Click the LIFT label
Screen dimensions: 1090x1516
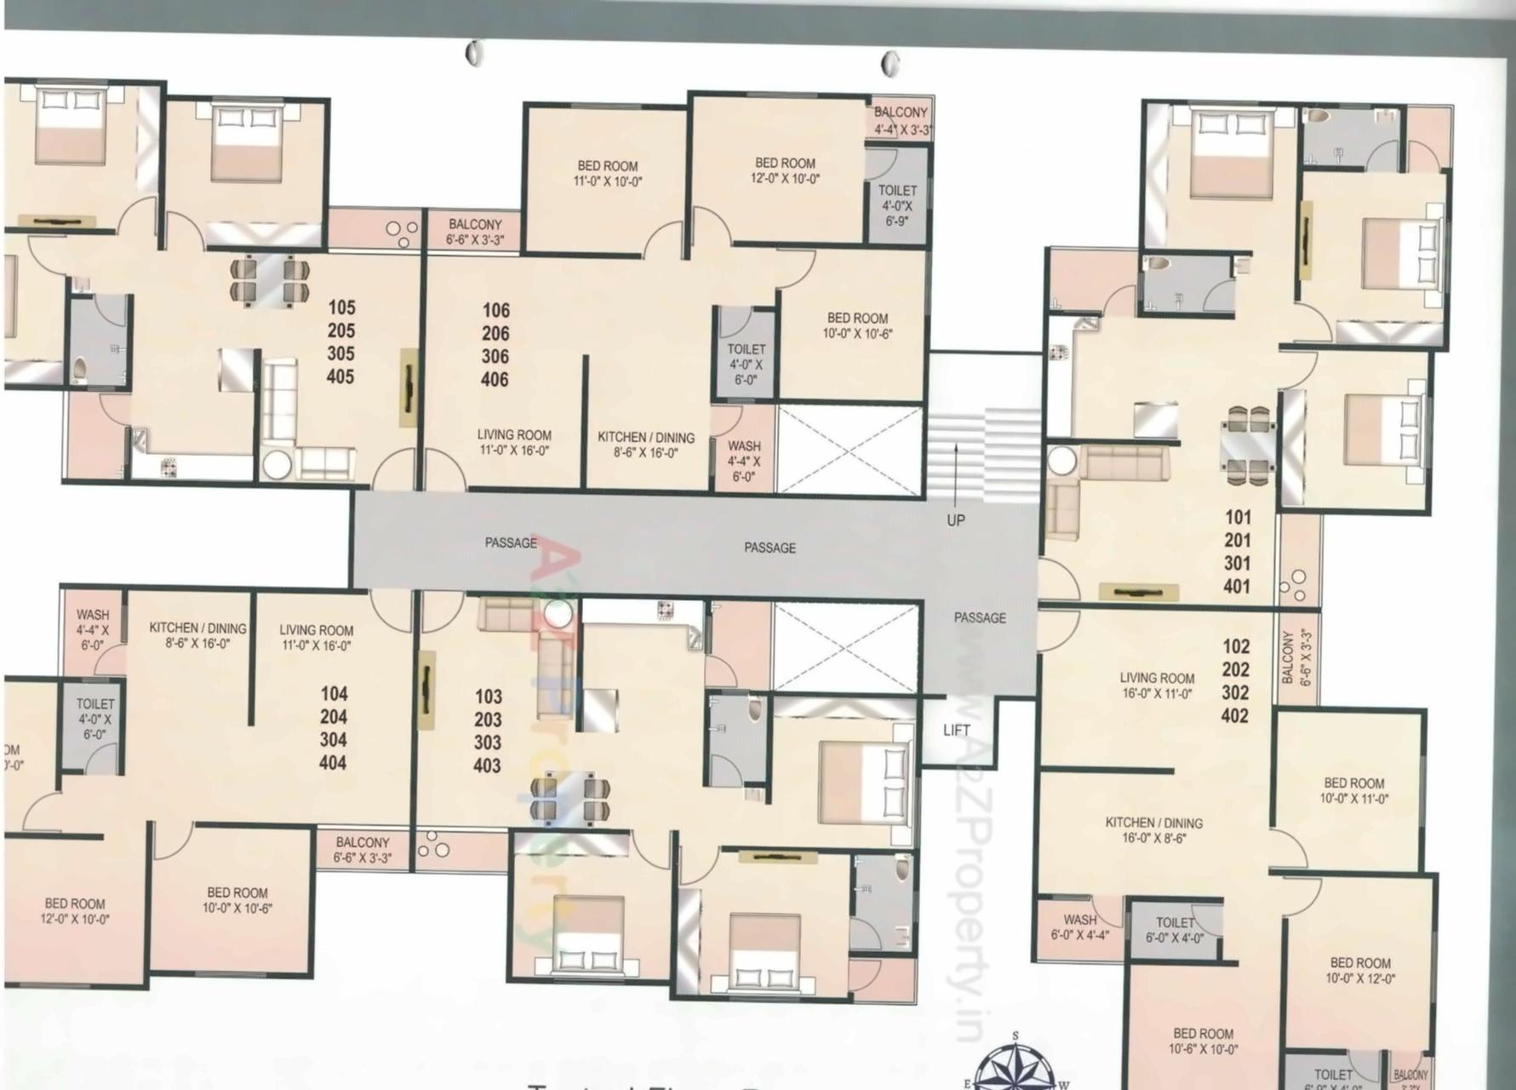coord(956,730)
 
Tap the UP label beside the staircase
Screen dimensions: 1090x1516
coord(955,519)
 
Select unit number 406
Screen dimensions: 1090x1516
coord(495,380)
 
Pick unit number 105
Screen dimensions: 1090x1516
coord(341,307)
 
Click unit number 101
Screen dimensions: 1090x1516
coord(1238,517)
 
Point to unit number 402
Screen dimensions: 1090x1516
coord(1235,715)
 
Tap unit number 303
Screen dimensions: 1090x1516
coord(488,742)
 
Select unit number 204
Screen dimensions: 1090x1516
coord(334,717)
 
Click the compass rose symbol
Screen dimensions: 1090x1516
coord(1015,1064)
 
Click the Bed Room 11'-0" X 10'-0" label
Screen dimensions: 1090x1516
coord(608,173)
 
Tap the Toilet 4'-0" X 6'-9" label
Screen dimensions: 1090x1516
coord(897,204)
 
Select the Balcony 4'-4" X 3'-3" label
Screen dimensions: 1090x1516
coord(901,121)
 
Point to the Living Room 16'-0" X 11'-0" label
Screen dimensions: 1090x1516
coord(1157,686)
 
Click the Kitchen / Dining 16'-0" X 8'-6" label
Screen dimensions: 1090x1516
coord(1153,830)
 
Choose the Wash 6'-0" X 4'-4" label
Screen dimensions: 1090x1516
coord(1079,927)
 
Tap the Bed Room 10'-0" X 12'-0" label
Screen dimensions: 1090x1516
coord(1359,971)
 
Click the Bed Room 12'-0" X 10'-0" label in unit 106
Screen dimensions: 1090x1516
coord(785,170)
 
